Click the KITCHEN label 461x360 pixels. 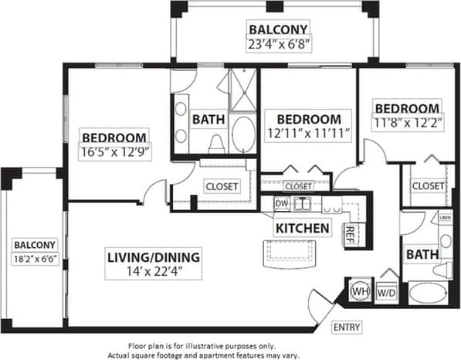click(x=302, y=229)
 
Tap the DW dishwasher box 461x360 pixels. click(x=282, y=204)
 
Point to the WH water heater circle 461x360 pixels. click(x=360, y=291)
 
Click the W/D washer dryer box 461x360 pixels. click(x=385, y=293)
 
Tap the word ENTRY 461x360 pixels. click(x=347, y=328)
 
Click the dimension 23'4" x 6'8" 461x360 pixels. click(x=278, y=45)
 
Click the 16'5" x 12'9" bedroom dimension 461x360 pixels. click(x=116, y=152)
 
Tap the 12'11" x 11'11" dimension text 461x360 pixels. click(x=308, y=134)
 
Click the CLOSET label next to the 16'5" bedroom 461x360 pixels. click(x=222, y=186)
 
